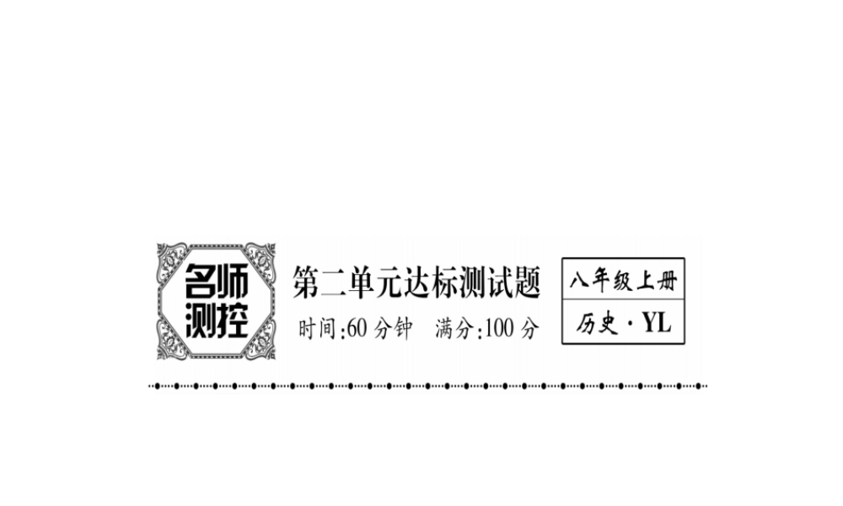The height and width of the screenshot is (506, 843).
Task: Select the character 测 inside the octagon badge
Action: [199, 320]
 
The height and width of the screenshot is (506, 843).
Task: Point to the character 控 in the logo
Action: [234, 320]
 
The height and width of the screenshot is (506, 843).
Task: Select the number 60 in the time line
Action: [356, 330]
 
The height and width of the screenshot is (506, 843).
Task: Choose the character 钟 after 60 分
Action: [401, 330]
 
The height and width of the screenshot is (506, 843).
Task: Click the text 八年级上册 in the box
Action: [623, 280]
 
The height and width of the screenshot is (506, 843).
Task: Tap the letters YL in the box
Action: [656, 323]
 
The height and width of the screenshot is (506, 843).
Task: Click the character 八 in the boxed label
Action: [580, 280]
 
